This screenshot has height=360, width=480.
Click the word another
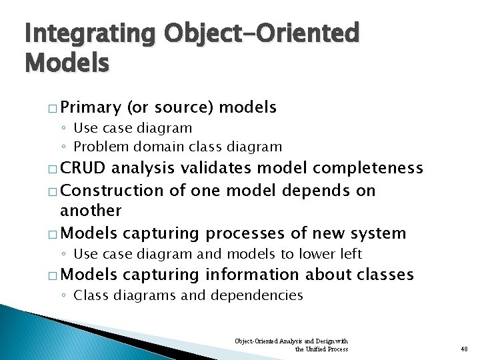91,211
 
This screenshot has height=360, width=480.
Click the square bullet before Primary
52,107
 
